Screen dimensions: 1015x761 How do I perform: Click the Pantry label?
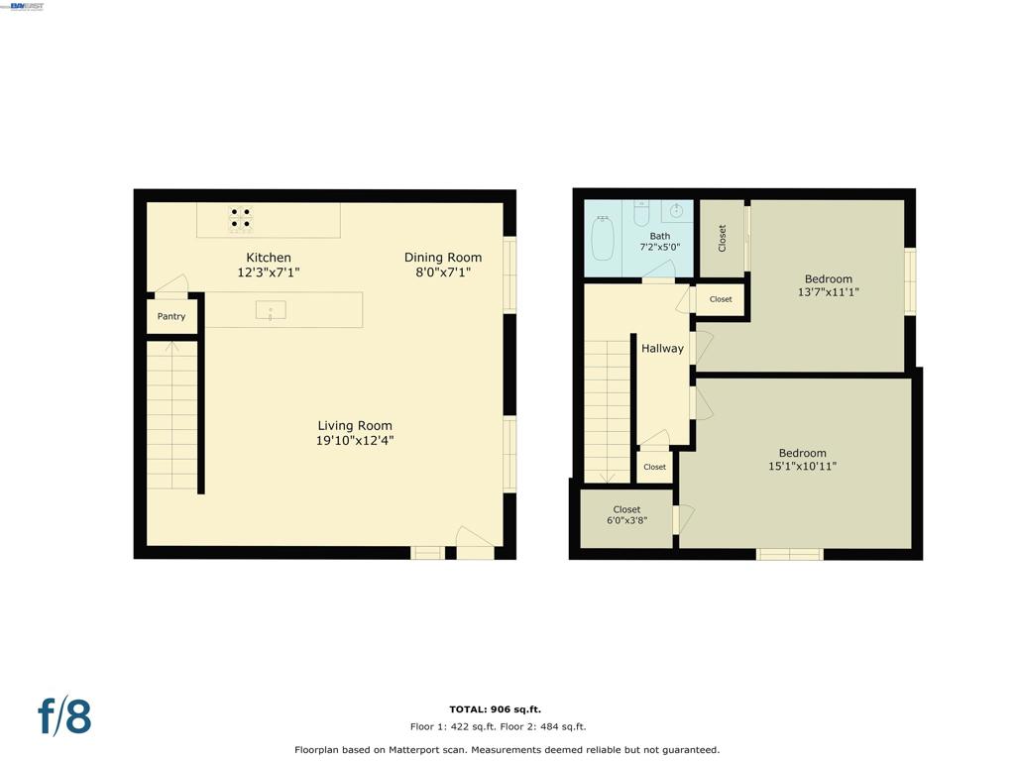tap(170, 316)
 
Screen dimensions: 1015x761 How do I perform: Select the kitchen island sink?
tap(271, 310)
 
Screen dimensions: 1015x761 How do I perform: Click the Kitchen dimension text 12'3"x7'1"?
tap(268, 272)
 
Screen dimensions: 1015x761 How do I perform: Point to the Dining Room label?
tap(443, 258)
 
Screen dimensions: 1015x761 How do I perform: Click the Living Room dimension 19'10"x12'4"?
tap(355, 441)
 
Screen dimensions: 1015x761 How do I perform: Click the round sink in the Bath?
tap(676, 211)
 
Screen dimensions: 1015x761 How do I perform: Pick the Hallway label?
tap(662, 349)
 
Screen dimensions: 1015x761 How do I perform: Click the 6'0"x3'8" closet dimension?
tap(626, 520)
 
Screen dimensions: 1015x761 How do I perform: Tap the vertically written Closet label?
tap(722, 238)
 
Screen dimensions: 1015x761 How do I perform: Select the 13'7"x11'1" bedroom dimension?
tap(828, 292)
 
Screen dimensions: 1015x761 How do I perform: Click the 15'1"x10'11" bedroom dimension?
tap(802, 466)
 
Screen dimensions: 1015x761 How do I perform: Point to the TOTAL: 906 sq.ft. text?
tap(496, 709)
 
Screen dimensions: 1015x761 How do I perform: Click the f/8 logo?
tap(64, 716)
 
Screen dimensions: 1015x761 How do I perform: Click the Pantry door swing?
tap(171, 283)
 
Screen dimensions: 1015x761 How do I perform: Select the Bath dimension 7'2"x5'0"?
tap(659, 247)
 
